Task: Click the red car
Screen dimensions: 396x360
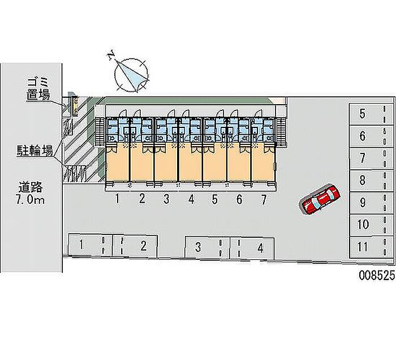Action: [x=320, y=200]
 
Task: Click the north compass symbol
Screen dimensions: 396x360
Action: [x=131, y=75]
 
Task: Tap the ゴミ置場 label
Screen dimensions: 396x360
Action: [x=38, y=89]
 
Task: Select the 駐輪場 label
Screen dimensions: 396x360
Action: [x=35, y=151]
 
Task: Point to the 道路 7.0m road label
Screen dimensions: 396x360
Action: [x=31, y=193]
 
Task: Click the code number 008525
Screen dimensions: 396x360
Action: [x=377, y=275]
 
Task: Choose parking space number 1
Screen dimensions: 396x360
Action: [x=90, y=245]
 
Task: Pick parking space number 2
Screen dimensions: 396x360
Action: [x=135, y=245]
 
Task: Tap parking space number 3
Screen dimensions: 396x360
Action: [x=207, y=247]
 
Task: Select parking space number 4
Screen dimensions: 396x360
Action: [x=252, y=247]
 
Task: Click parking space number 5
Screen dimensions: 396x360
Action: [x=371, y=114]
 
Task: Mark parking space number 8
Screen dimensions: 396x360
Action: [x=371, y=181]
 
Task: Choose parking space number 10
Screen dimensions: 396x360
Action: [x=371, y=225]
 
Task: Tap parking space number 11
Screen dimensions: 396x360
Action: [x=371, y=247]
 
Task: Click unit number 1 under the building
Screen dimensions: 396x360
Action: [x=118, y=199]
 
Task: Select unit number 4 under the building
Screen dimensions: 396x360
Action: [x=191, y=199]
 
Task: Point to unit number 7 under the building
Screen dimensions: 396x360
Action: [x=264, y=199]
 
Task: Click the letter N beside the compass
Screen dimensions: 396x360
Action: [x=111, y=55]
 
